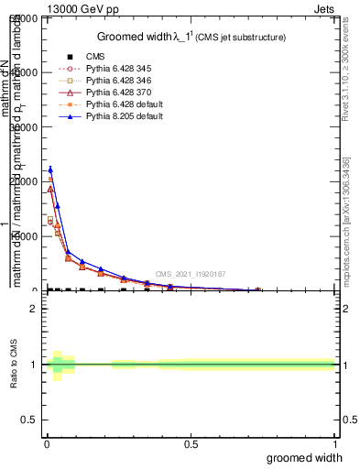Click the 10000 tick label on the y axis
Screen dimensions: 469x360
pos(26,236)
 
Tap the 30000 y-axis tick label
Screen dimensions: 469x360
pos(26,127)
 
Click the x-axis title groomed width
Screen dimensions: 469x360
pos(311,457)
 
